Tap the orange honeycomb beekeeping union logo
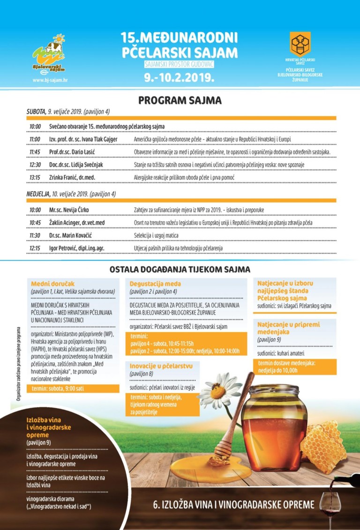coord(300,45)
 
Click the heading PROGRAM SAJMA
coord(180,100)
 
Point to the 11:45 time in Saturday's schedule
coord(35,152)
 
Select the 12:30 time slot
coord(35,165)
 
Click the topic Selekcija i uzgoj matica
coord(157,235)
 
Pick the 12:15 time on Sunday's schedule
coord(35,248)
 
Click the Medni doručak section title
coord(47,284)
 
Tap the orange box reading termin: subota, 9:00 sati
coord(71,388)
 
